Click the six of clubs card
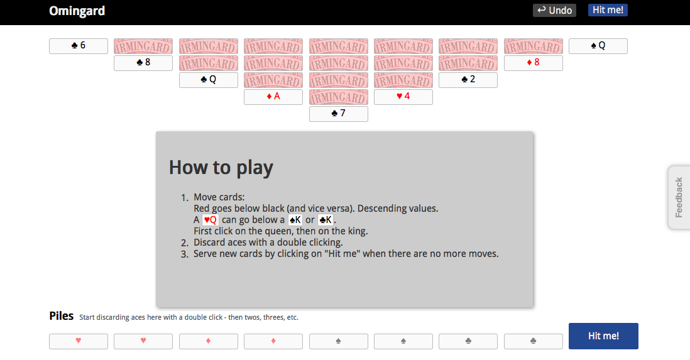79,46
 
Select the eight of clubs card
143,63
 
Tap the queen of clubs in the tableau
208,80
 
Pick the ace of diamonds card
273,97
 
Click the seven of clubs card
338,114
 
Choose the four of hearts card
403,97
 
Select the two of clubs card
468,80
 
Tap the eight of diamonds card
533,63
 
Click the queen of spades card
598,46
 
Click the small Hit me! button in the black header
608,10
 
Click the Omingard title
77,11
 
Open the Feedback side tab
679,197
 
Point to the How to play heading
221,168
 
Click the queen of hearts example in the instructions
210,220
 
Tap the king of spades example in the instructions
295,220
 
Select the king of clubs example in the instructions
325,220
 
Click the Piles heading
61,316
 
